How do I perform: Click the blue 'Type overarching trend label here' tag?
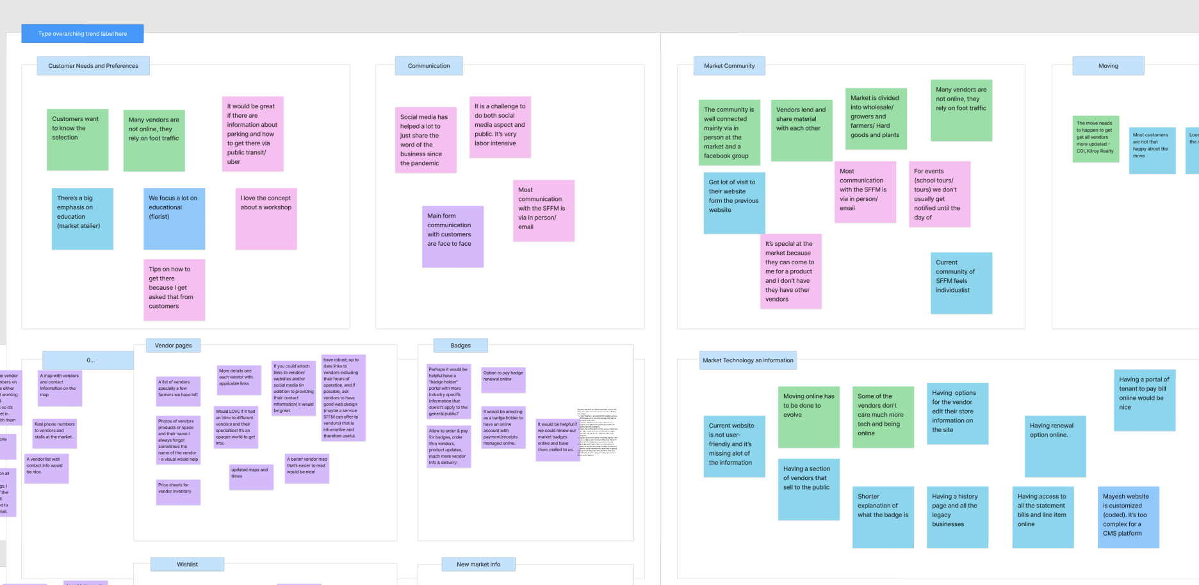[x=82, y=34]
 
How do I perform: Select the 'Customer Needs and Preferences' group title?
[x=94, y=66]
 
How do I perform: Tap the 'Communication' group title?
[x=428, y=66]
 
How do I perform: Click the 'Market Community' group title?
[x=729, y=66]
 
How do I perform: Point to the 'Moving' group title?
[x=1108, y=66]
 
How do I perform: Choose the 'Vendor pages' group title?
[x=173, y=346]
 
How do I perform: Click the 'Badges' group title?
[x=461, y=346]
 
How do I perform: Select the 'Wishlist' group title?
[x=187, y=565]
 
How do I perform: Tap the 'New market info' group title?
[x=478, y=565]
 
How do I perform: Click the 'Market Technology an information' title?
[x=747, y=360]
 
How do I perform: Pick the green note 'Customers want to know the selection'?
[x=77, y=140]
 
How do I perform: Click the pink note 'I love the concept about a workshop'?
[x=266, y=219]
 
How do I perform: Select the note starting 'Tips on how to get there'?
[x=174, y=289]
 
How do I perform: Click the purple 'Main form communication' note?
[x=452, y=236]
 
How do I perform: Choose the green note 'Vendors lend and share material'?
[x=801, y=131]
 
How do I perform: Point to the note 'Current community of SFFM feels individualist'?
[x=961, y=283]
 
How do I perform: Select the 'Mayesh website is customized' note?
[x=1128, y=517]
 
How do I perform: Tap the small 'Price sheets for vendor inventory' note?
[x=178, y=492]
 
